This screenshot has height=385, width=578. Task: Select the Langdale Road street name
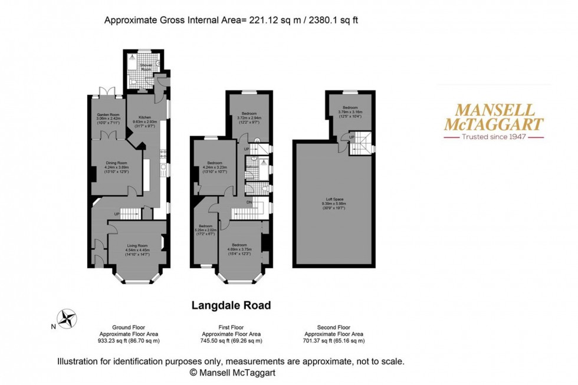point(231,305)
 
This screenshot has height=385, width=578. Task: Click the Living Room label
point(137,248)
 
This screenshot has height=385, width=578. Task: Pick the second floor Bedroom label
point(350,107)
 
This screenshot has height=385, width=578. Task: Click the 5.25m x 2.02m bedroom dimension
point(206,230)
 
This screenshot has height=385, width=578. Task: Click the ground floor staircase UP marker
point(117,213)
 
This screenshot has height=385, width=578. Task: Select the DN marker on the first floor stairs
point(249,203)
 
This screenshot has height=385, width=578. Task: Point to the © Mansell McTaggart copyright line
point(232,373)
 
